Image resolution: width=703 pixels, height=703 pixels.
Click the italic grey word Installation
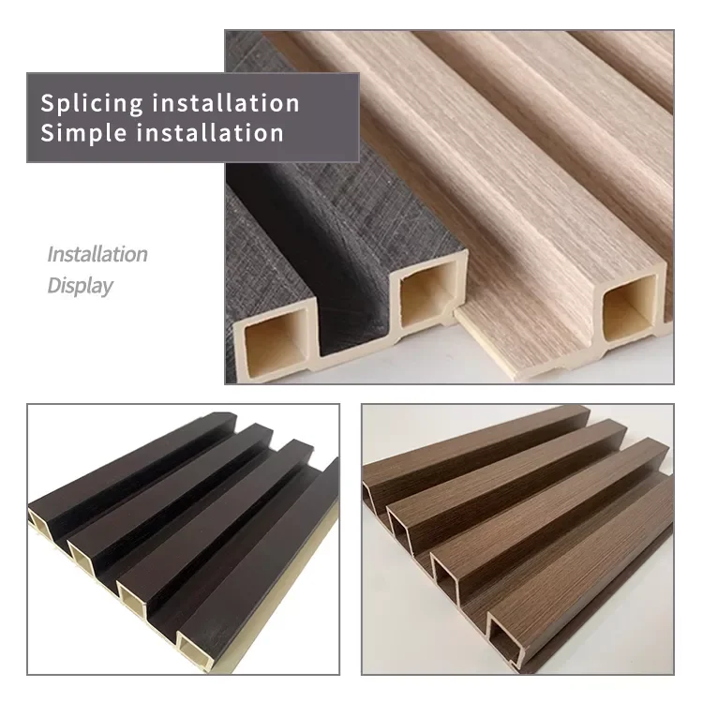point(97,254)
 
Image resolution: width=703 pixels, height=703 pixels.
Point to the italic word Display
point(80,286)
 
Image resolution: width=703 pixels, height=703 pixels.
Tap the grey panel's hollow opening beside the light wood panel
point(423,295)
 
